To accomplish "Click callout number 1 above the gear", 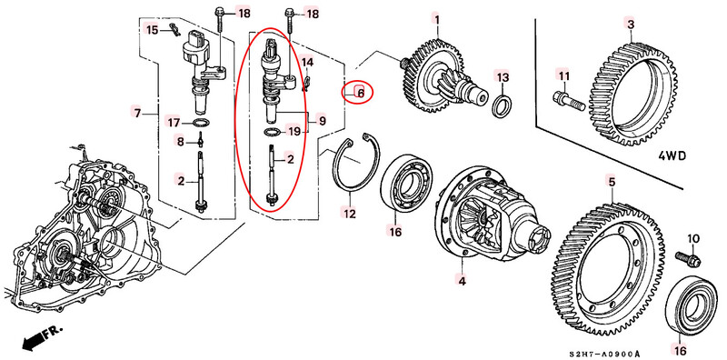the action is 437,20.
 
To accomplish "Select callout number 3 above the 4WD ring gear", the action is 631,24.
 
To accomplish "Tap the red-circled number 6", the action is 360,94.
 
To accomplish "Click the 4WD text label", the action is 672,155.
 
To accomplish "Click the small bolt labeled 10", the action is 688,258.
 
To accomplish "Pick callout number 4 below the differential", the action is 462,280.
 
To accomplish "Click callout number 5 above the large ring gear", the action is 612,183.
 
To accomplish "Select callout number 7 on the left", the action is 136,112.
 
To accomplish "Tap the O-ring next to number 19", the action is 271,132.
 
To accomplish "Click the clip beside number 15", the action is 174,29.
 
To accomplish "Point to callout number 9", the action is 322,122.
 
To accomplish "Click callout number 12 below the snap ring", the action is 349,214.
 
